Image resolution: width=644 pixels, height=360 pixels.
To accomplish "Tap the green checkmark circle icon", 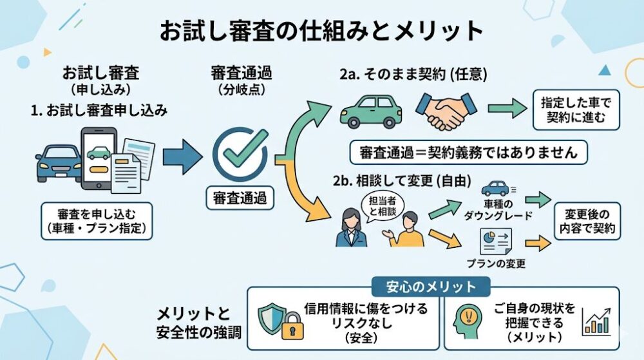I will pyautogui.click(x=240, y=154).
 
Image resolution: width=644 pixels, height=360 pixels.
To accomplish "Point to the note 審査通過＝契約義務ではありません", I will pyautogui.click(x=468, y=153).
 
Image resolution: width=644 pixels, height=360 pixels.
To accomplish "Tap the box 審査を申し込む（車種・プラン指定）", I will pyautogui.click(x=96, y=221).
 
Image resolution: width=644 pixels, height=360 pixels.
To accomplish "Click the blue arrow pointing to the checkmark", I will pyautogui.click(x=182, y=156).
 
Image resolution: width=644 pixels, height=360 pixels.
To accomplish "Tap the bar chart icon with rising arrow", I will pyautogui.click(x=597, y=321).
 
